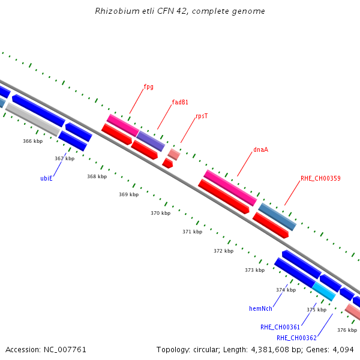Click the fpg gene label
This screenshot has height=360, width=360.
point(149,87)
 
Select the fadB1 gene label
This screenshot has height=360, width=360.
point(180,102)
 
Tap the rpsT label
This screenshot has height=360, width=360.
point(202,116)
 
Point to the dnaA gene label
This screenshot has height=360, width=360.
point(260,149)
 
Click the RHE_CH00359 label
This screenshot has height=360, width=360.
point(320,178)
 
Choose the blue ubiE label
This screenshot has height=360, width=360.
point(46,178)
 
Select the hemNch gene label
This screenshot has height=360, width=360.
point(260,308)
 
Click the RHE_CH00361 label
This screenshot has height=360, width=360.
point(280,327)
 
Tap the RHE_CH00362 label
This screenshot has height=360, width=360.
point(296,338)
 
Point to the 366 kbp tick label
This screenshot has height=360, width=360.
point(33,141)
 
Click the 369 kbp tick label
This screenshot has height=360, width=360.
point(129,194)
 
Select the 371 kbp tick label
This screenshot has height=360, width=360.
point(193,232)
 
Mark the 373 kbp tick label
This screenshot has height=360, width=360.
point(255,270)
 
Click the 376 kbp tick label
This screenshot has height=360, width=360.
point(347,330)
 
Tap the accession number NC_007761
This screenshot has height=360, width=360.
point(65,350)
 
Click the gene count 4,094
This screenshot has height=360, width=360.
point(343,350)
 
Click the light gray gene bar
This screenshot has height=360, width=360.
point(33,119)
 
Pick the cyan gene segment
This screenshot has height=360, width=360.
point(324,292)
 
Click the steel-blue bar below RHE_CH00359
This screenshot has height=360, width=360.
point(277,217)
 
